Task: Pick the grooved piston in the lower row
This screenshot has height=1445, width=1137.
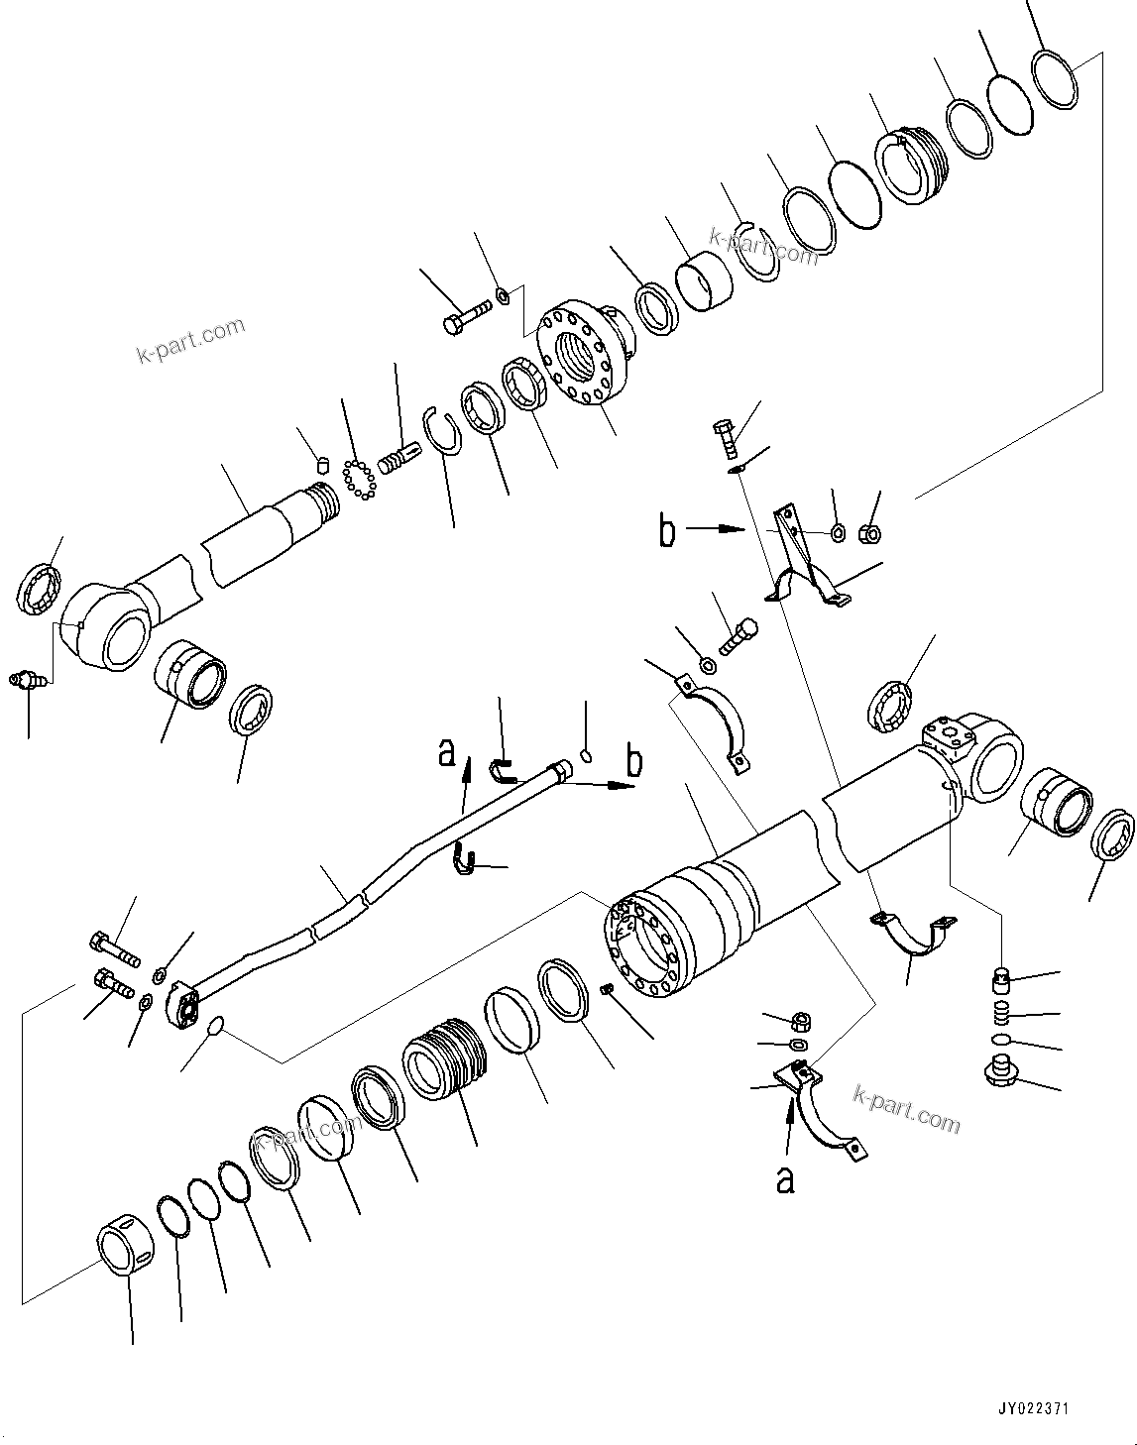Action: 445,1069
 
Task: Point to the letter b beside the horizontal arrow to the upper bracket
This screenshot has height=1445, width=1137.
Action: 668,531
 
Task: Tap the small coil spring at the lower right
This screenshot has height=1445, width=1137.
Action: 1002,1014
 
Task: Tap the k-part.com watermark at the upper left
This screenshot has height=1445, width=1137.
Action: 190,340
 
